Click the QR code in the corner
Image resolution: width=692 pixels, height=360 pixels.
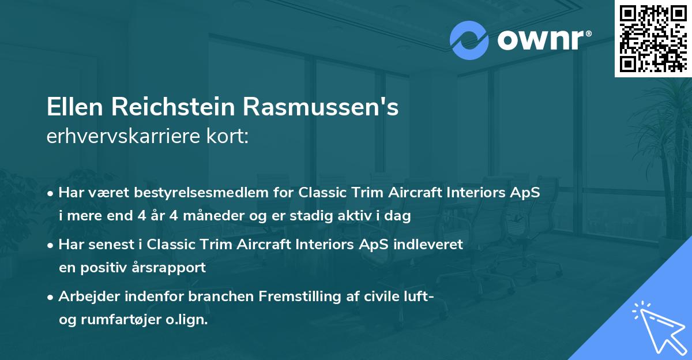click(653, 38)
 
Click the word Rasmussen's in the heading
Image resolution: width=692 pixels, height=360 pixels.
click(321, 108)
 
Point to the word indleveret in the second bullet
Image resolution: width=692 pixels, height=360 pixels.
click(428, 244)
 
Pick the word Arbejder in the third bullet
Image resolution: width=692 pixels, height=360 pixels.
click(88, 297)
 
